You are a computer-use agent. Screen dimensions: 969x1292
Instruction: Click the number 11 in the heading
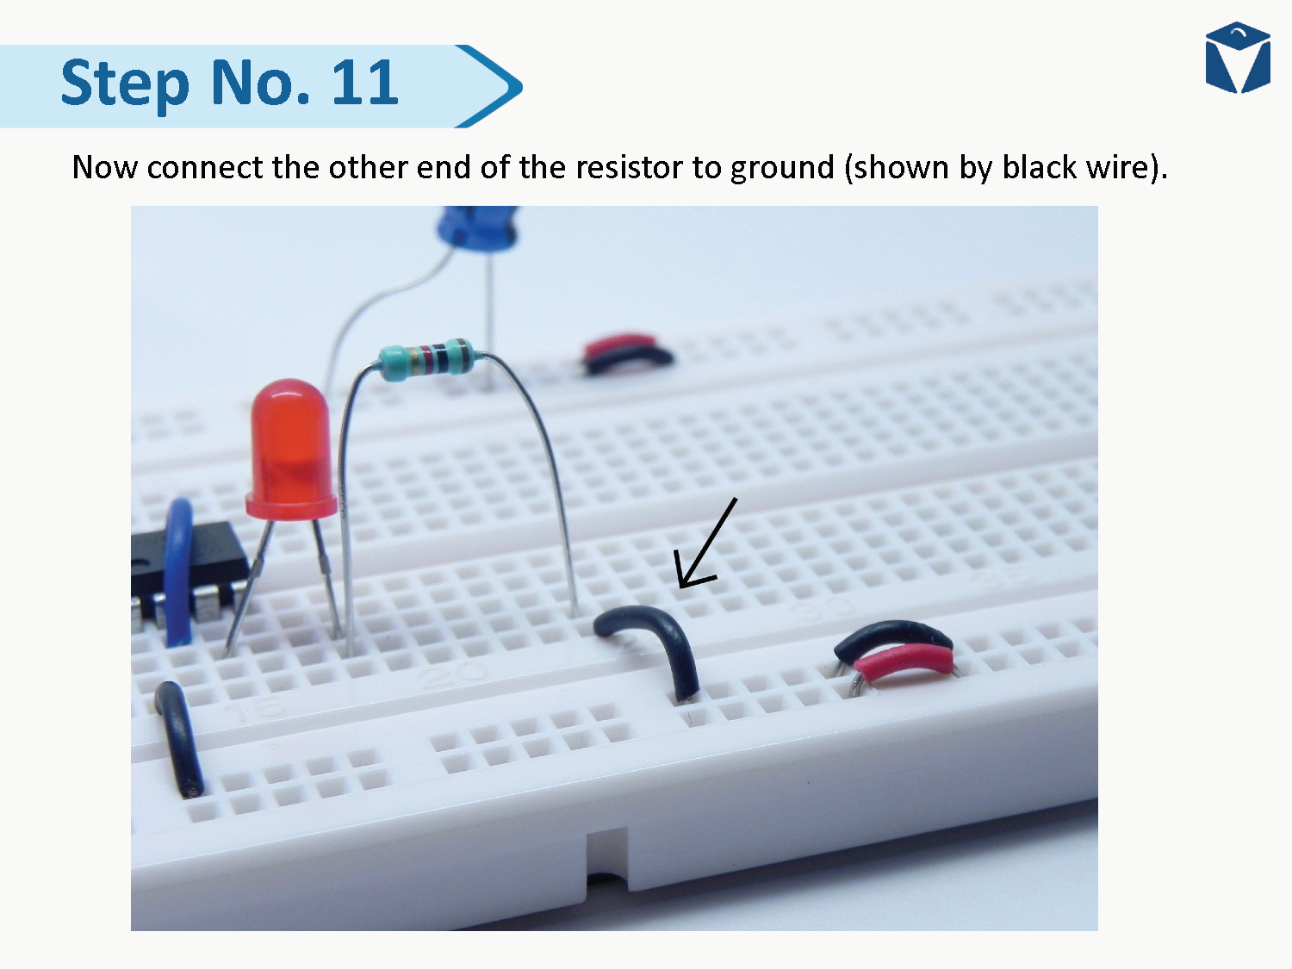[x=363, y=84]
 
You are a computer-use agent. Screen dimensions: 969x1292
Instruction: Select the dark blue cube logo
[x=1238, y=58]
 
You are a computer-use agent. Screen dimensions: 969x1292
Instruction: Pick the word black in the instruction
[x=1040, y=167]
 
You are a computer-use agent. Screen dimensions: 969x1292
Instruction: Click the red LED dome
[x=289, y=447]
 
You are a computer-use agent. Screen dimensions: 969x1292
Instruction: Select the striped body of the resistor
[x=426, y=358]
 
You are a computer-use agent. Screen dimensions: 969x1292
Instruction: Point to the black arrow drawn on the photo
[x=705, y=544]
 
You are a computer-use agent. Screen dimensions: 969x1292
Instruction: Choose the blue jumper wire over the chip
[x=178, y=569]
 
